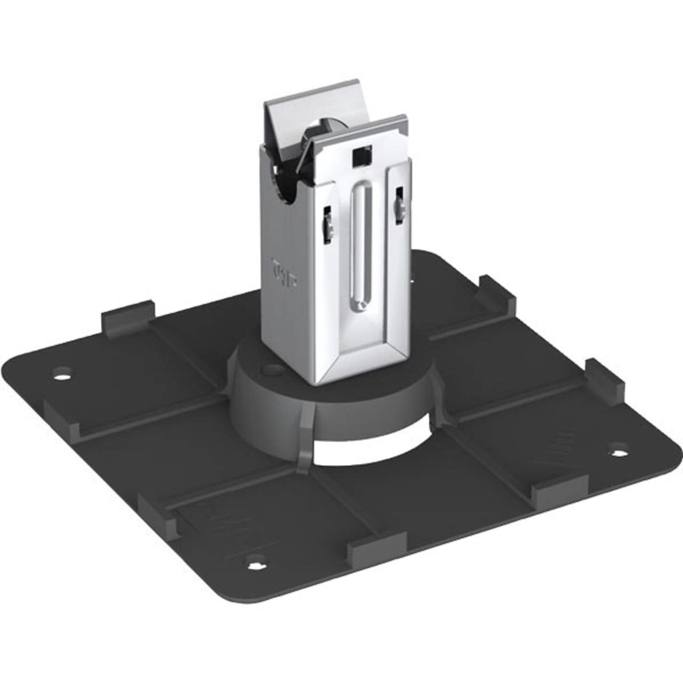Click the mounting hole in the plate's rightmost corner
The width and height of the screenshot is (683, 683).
(619, 453)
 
